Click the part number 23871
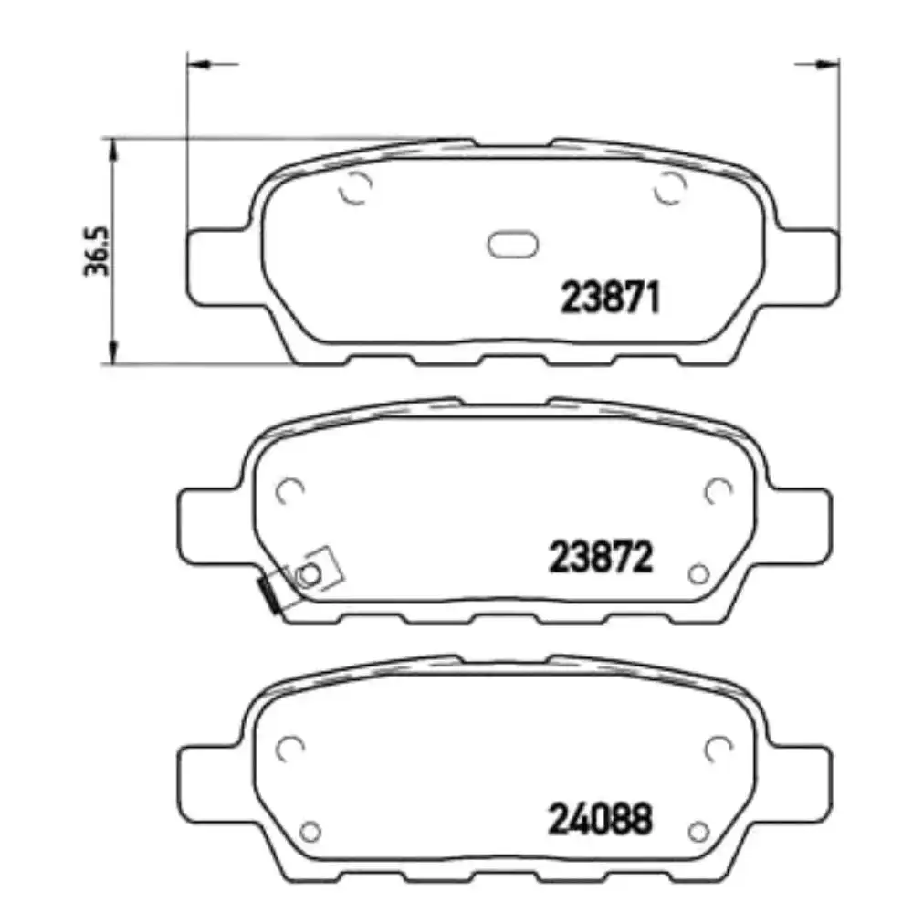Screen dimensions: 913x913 pyautogui.click(x=609, y=298)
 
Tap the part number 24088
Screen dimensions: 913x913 pyautogui.click(x=601, y=818)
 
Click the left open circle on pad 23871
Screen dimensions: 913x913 pyautogui.click(x=354, y=189)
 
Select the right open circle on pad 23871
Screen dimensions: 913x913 pyautogui.click(x=670, y=189)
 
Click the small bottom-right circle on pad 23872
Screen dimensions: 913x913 pyautogui.click(x=700, y=573)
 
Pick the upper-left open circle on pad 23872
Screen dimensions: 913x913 pyautogui.click(x=290, y=491)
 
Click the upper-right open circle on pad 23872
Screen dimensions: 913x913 pyautogui.click(x=719, y=491)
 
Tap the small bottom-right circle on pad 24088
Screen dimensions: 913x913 pyautogui.click(x=700, y=831)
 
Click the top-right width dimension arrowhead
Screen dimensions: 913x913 pyautogui.click(x=827, y=64)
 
